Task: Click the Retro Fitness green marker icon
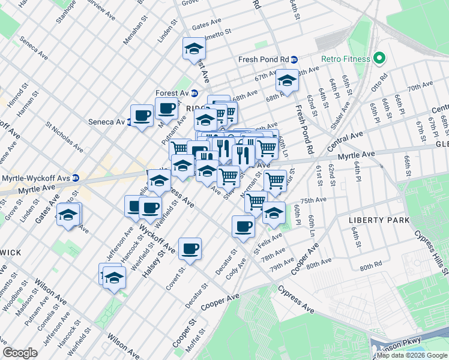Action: tap(379, 58)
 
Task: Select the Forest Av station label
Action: tap(171, 94)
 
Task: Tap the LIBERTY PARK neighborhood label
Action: tap(379, 220)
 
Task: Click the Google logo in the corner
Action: tap(20, 353)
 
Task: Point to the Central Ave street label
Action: tap(345, 142)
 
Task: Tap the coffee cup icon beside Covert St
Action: tap(190, 248)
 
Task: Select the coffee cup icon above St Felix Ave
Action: tap(243, 226)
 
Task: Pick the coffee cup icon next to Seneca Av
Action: tap(142, 115)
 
